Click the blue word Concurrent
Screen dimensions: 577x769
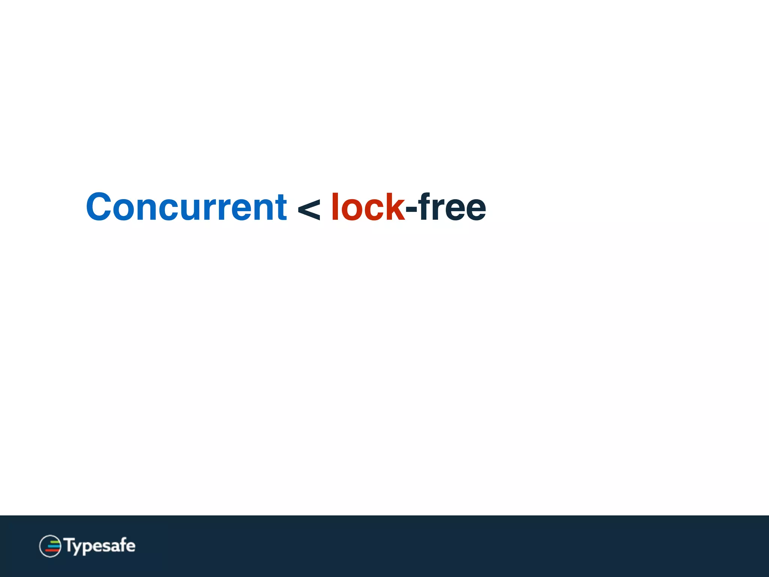click(x=186, y=207)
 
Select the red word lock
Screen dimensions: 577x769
click(x=367, y=207)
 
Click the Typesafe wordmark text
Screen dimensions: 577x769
click(x=100, y=546)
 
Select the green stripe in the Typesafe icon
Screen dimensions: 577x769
click(x=54, y=541)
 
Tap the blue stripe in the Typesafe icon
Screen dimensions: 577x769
click(x=53, y=546)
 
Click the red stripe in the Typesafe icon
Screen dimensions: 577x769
click(x=52, y=551)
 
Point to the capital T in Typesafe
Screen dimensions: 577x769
click(x=69, y=545)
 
